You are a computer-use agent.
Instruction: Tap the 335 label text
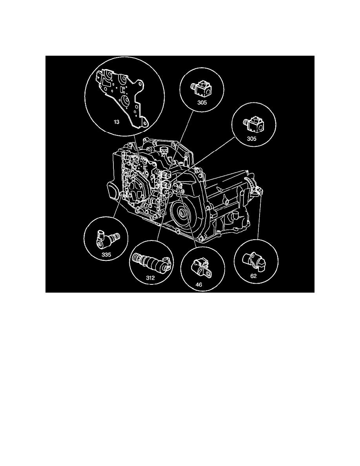pyautogui.click(x=106, y=255)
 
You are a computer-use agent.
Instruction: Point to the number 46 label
pyautogui.click(x=199, y=284)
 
